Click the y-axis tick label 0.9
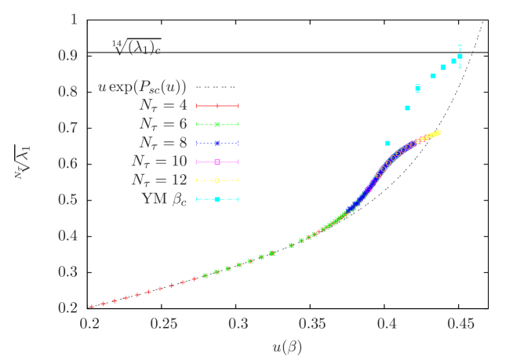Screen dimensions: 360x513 (68, 56)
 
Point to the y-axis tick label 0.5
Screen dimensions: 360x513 (68, 199)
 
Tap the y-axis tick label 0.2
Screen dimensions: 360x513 (68, 307)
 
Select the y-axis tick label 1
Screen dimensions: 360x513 (74, 20)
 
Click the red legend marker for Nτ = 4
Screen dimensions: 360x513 (217, 105)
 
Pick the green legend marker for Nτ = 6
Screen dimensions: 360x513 (217, 124)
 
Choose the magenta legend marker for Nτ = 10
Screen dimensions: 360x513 (217, 162)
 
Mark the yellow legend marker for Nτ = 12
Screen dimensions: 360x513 (217, 180)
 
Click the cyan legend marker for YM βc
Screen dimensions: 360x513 (217, 199)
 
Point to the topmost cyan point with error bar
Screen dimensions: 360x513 (460, 56)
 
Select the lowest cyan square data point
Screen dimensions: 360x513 (387, 144)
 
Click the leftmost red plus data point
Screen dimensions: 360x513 (92, 306)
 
